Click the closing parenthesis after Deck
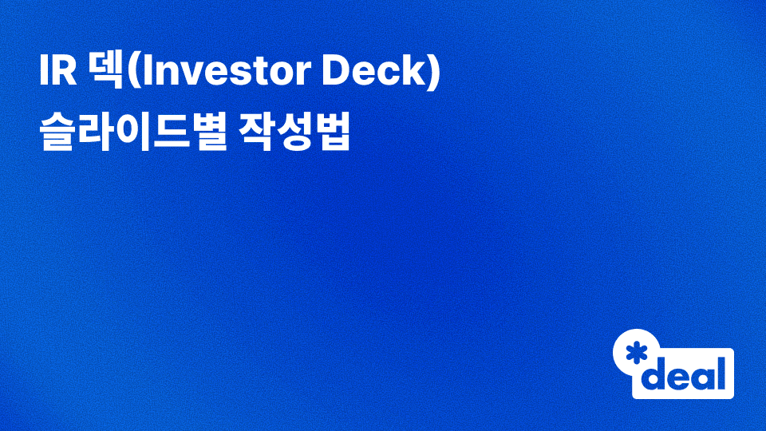coord(434,74)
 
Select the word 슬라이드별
coord(124,132)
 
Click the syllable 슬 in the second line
coord(55,132)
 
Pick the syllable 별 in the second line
coord(195,132)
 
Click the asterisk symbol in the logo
coord(637,354)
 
